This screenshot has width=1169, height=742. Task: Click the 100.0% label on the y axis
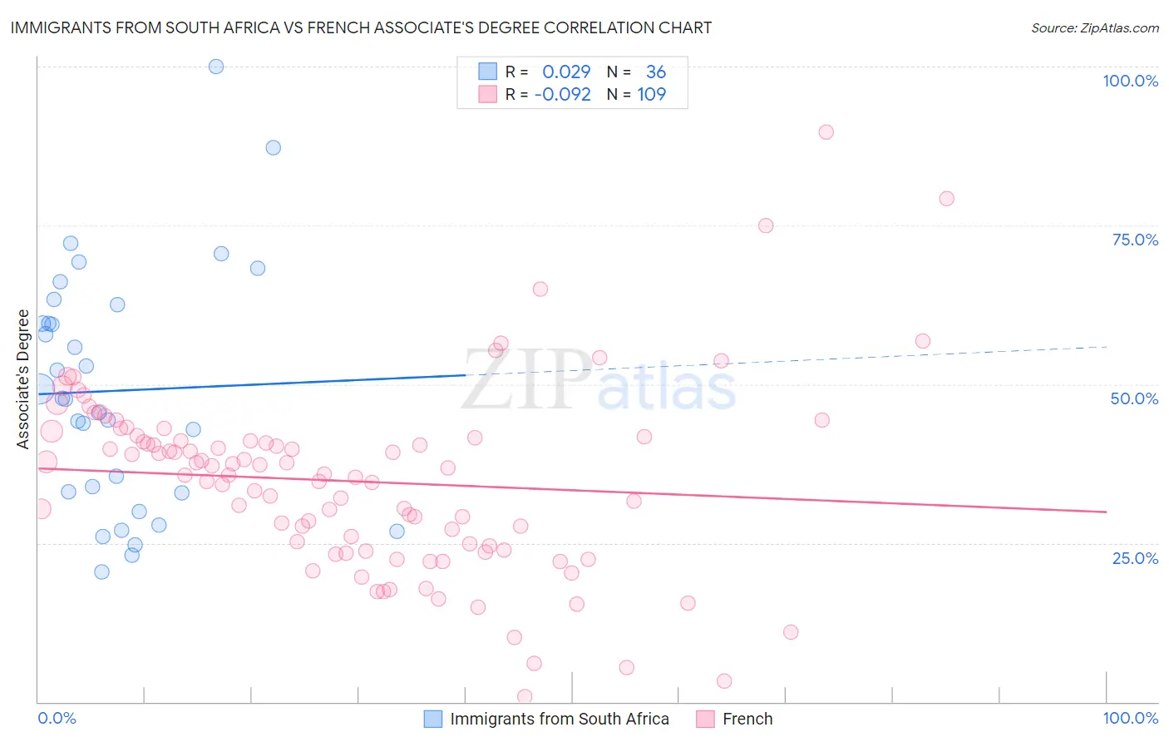click(x=1130, y=81)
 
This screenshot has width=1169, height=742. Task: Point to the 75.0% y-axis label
click(x=1135, y=240)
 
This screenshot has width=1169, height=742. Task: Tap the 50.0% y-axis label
click(x=1134, y=398)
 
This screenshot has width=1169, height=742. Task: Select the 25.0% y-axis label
click(x=1135, y=558)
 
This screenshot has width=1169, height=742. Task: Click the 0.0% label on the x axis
click(x=57, y=718)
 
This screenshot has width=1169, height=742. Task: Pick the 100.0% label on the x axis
click(x=1130, y=718)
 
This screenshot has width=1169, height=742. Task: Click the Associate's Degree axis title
click(x=23, y=379)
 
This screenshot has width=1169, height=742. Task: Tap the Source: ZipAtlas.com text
click(x=1094, y=27)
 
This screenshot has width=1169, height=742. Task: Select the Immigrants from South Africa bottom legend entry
click(x=559, y=719)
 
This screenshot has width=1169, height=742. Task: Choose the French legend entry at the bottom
click(x=747, y=719)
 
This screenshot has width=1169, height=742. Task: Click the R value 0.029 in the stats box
click(x=566, y=72)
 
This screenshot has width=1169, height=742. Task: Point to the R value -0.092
click(x=562, y=94)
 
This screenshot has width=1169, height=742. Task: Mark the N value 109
click(x=652, y=94)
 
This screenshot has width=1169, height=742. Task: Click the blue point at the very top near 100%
click(x=216, y=67)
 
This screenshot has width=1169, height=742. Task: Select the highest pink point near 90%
click(x=826, y=132)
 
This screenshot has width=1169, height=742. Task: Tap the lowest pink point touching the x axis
click(x=525, y=696)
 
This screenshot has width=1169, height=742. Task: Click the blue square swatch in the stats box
click(x=487, y=72)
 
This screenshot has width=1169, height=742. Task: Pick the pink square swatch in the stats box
click(x=487, y=94)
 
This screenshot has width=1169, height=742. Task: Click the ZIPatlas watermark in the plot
click(x=599, y=380)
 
